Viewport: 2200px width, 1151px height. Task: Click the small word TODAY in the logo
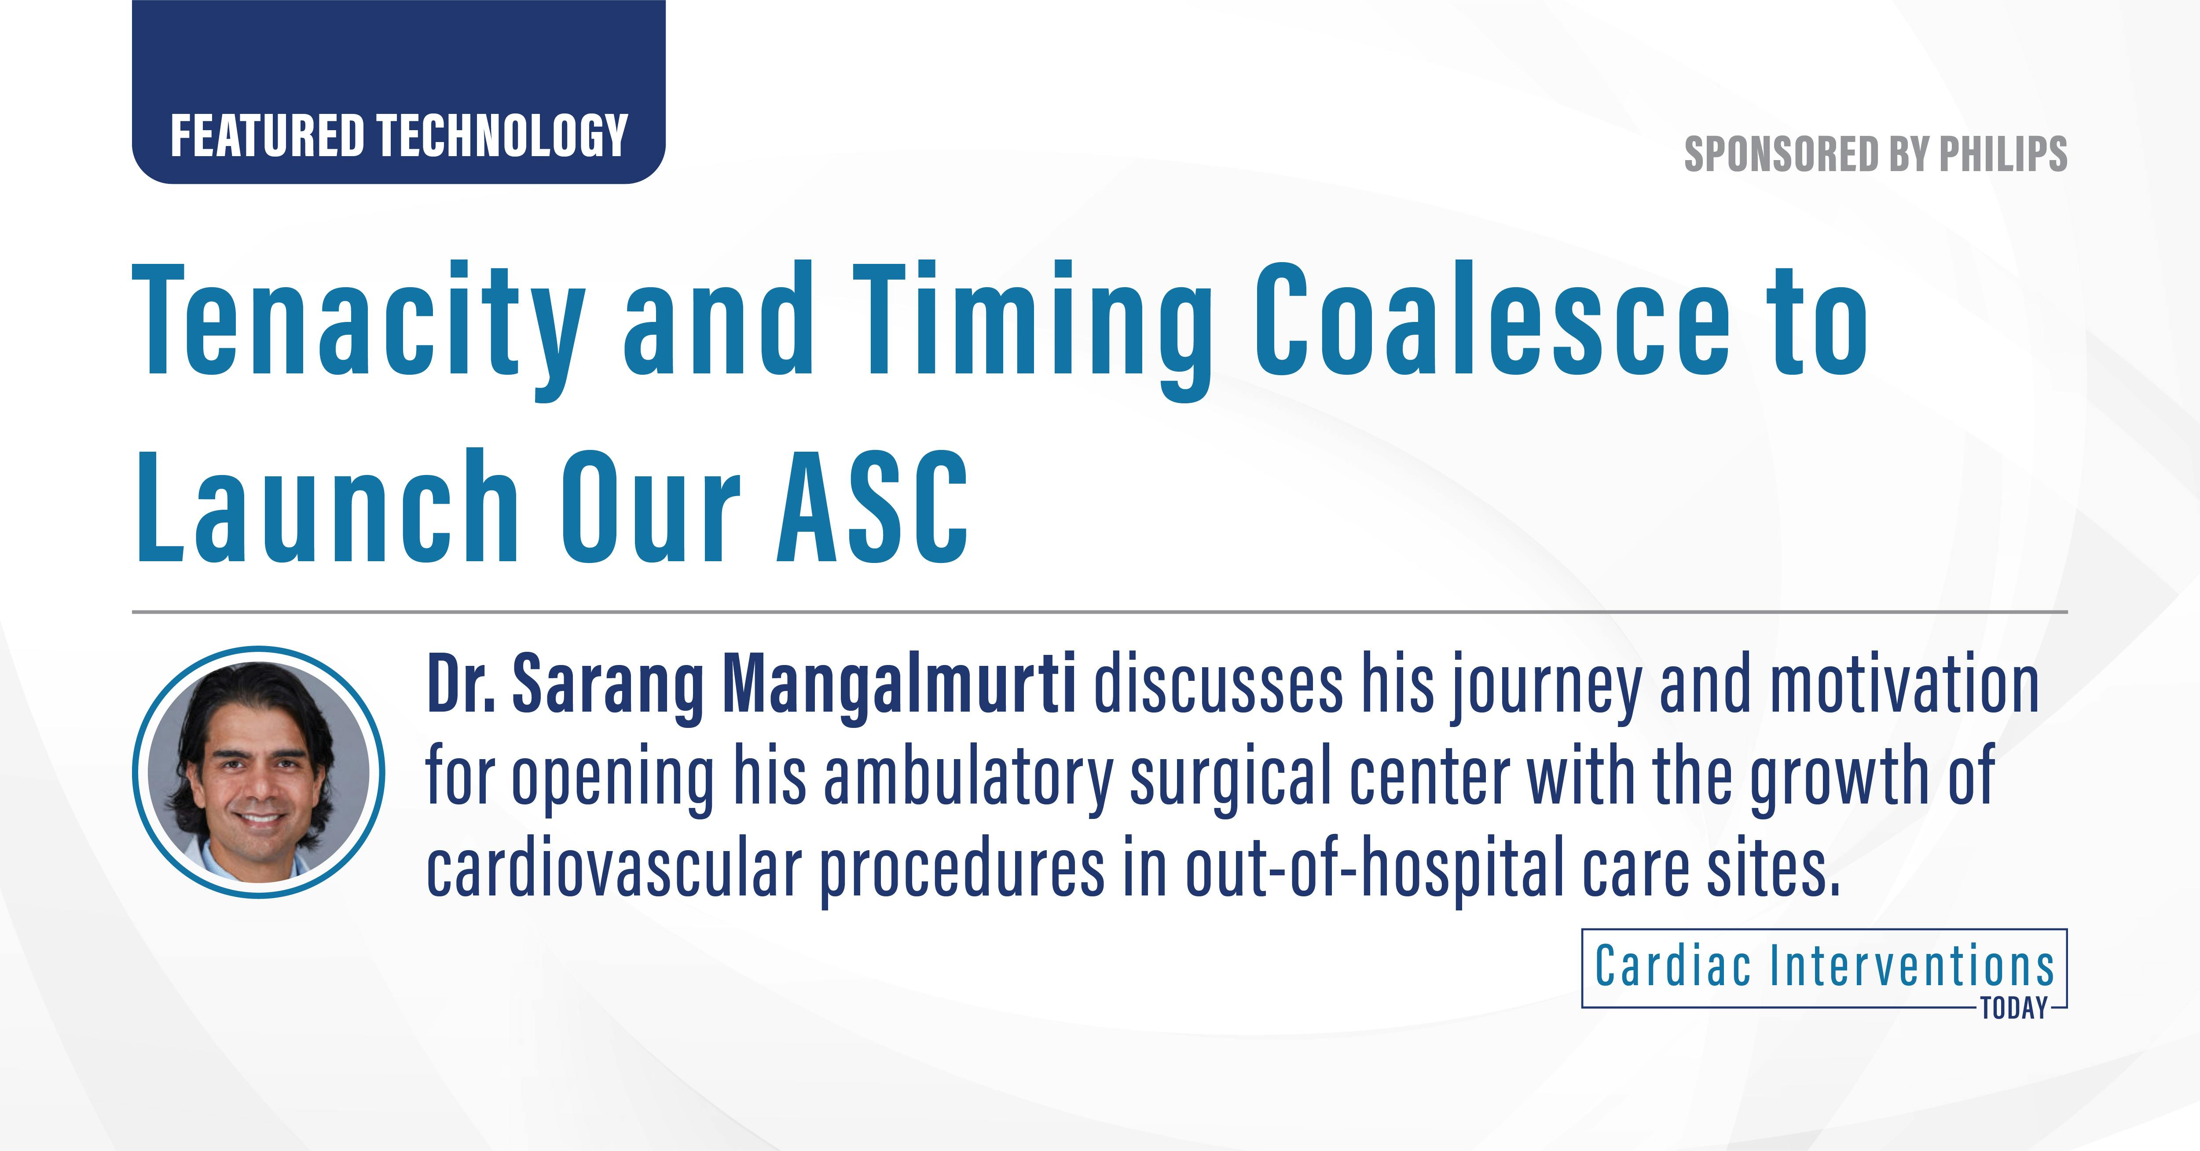point(2014,1008)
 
